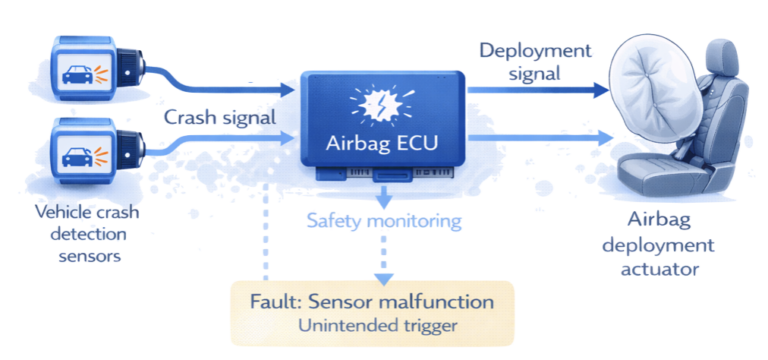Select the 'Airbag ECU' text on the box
click(x=384, y=141)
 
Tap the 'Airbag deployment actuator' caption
click(x=671, y=246)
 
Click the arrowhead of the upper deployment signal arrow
click(x=601, y=90)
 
